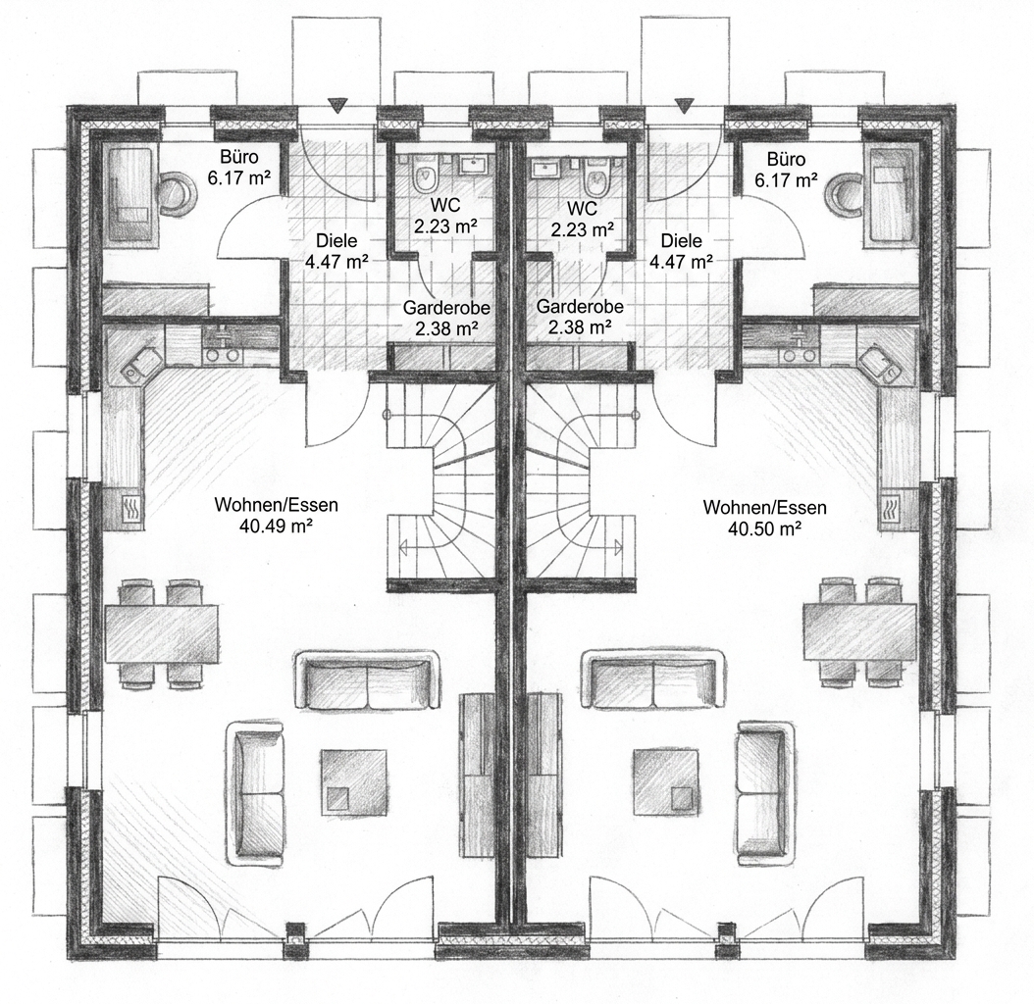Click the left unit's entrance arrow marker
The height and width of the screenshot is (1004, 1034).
[x=337, y=105]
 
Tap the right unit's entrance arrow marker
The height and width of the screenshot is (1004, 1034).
[x=685, y=105]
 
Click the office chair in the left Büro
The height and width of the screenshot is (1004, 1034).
[x=178, y=192]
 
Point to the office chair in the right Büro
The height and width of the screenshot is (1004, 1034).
[x=844, y=194]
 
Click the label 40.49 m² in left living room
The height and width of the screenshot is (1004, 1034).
[x=277, y=527]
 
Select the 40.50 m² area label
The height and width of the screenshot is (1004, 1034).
[x=764, y=528]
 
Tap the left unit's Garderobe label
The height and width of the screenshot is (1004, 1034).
[x=446, y=308]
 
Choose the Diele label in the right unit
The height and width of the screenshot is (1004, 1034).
[x=682, y=241]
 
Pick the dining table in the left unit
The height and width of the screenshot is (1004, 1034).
[x=162, y=633]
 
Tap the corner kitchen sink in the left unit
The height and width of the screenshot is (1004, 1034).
[x=137, y=369]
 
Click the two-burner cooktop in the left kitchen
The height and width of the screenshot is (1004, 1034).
[x=222, y=355]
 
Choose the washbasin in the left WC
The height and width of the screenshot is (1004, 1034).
[x=470, y=164]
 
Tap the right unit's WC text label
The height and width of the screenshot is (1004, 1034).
[x=583, y=208]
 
